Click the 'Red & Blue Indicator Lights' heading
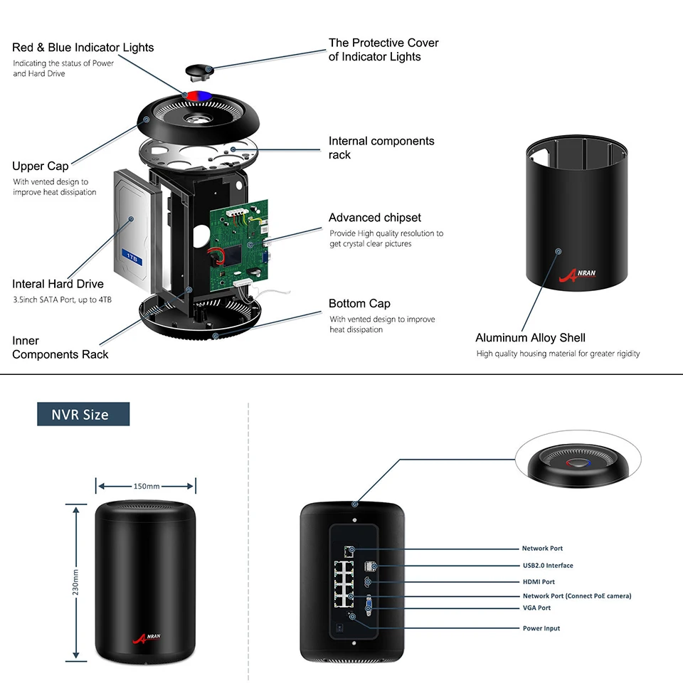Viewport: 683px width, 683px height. pos(83,47)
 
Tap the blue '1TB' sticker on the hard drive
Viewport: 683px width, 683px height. pos(132,258)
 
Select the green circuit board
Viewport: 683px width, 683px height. pos(239,246)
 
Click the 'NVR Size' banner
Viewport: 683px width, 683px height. pos(83,414)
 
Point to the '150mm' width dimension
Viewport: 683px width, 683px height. pos(147,486)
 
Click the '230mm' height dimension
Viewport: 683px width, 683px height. pos(75,583)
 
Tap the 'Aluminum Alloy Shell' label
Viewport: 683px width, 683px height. pos(530,337)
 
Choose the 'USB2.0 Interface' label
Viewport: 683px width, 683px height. pos(548,566)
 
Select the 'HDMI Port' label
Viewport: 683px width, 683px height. pos(539,581)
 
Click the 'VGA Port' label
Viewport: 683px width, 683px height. pos(536,608)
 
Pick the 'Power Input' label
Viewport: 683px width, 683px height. pos(541,628)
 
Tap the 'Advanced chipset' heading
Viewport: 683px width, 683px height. pos(375,218)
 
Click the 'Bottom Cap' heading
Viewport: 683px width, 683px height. pos(359,303)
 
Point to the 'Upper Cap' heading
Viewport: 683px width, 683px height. pos(40,166)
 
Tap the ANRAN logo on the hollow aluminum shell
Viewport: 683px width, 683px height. pos(577,275)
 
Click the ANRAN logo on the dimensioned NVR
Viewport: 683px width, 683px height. pos(147,638)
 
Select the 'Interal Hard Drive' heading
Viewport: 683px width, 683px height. pos(58,284)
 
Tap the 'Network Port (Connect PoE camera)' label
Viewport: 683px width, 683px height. pos(577,596)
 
